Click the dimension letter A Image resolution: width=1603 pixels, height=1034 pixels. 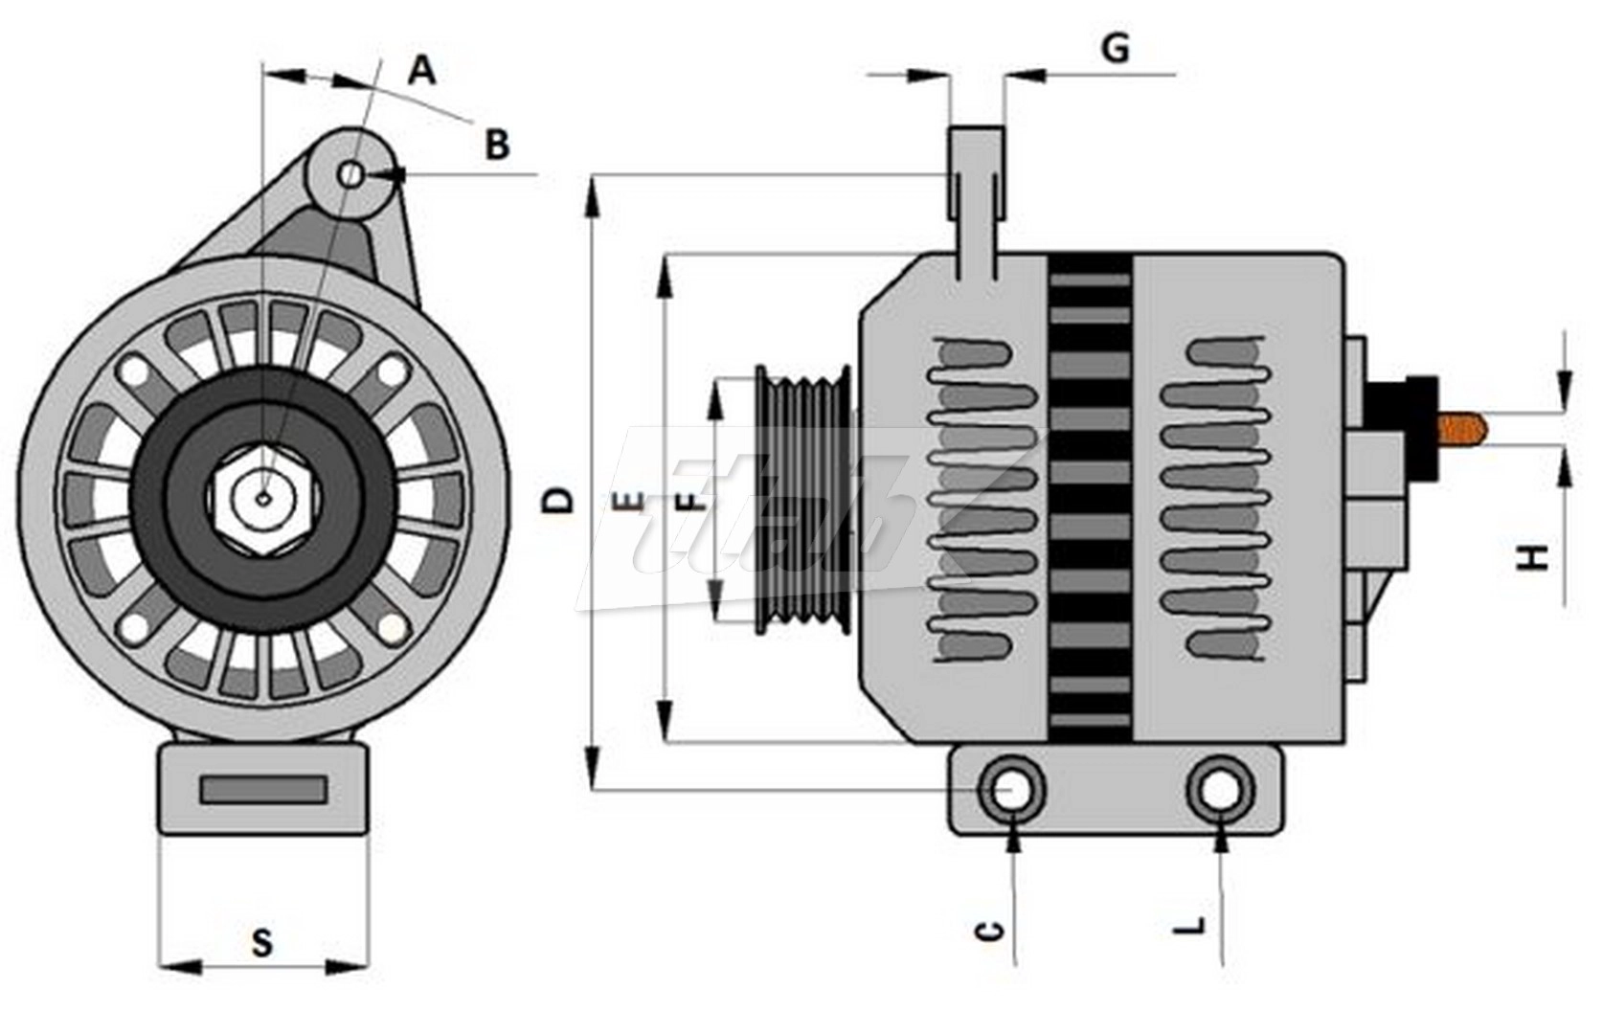(x=422, y=70)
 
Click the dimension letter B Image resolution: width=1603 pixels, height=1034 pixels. (x=497, y=146)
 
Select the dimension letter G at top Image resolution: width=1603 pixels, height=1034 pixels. (x=1116, y=47)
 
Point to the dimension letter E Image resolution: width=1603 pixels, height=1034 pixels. (x=628, y=500)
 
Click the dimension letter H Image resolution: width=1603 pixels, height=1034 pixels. (x=1535, y=556)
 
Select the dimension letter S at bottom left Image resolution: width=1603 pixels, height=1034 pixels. (x=261, y=942)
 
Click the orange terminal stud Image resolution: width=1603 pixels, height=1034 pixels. (x=1463, y=430)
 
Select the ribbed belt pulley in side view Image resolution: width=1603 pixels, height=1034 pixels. (x=802, y=499)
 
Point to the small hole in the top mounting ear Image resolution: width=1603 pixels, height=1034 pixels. (x=352, y=174)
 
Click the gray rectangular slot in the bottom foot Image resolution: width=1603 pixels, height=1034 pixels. (x=263, y=790)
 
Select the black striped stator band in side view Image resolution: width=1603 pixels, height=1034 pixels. (x=1090, y=498)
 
